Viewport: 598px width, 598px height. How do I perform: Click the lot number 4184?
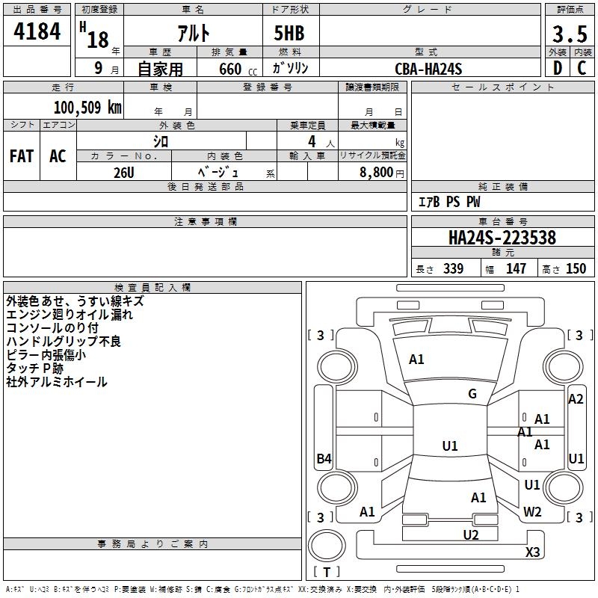pos(37,31)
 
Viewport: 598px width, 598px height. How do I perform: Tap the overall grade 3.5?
pos(570,34)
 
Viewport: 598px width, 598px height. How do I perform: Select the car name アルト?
pos(194,33)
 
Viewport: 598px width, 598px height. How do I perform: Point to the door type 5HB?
pos(289,33)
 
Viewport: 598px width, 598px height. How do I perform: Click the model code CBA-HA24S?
pos(428,69)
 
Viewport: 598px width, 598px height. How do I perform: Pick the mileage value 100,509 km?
pos(87,107)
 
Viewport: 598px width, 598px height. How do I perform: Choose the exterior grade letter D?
pos(558,68)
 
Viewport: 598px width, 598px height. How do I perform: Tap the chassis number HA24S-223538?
pos(502,238)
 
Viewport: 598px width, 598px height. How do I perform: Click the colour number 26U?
pos(124,173)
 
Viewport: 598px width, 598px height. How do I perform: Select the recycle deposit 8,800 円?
pos(382,173)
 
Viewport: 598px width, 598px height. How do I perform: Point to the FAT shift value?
pos(22,156)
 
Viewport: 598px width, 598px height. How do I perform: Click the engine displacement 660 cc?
pos(238,70)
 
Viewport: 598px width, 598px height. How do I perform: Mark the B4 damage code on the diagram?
pos(324,458)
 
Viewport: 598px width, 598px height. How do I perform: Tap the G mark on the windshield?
pos(472,394)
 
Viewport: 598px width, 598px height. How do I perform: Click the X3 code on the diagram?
pos(532,552)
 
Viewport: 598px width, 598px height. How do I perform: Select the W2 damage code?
pos(532,511)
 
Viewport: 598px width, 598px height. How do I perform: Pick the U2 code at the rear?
pos(471,535)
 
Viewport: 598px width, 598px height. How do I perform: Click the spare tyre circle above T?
pos(327,546)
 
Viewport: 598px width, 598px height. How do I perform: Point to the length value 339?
pos(453,268)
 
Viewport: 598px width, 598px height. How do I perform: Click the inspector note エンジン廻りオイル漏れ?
pos(70,315)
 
